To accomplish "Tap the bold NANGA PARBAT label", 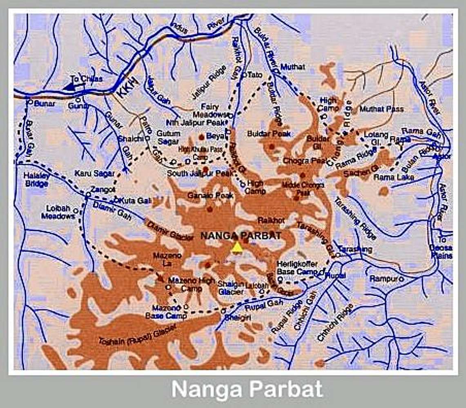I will (x=241, y=235).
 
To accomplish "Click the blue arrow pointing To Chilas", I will (x=69, y=86).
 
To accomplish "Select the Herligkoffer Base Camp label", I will (x=297, y=268).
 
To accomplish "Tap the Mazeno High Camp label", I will (x=191, y=284).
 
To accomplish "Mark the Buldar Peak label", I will (x=269, y=133).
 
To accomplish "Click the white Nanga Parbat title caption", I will (x=247, y=389).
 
